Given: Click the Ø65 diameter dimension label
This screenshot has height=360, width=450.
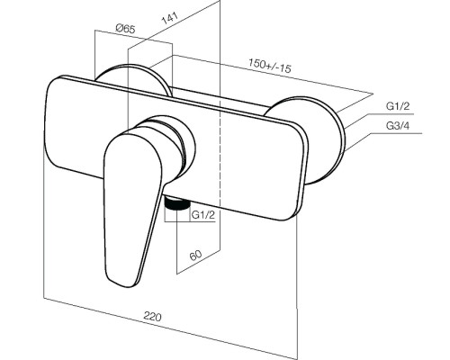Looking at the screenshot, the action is (125, 29).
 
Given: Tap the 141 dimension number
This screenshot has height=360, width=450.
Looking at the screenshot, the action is (170, 18).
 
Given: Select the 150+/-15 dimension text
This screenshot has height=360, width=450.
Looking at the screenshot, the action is (270, 66).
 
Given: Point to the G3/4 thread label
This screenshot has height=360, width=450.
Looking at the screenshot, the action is (398, 126).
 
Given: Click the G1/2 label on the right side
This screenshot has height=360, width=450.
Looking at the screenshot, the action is (398, 106).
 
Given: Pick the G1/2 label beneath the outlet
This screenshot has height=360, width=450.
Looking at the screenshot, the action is (203, 215).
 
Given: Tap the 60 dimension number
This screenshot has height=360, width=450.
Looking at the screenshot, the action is (195, 256).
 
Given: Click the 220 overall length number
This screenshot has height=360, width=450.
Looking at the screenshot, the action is (152, 317).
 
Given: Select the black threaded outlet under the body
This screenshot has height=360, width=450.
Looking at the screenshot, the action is (177, 204).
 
